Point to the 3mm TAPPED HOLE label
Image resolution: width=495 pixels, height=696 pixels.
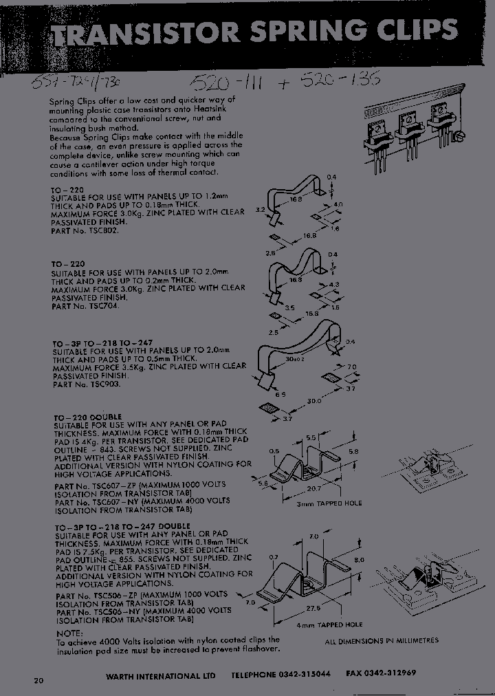[x=329, y=503]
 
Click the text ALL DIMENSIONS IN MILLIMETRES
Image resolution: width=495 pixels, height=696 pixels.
[x=381, y=640]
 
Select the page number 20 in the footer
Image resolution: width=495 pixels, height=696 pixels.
[x=38, y=681]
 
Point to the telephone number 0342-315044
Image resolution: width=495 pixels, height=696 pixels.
[x=303, y=675]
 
